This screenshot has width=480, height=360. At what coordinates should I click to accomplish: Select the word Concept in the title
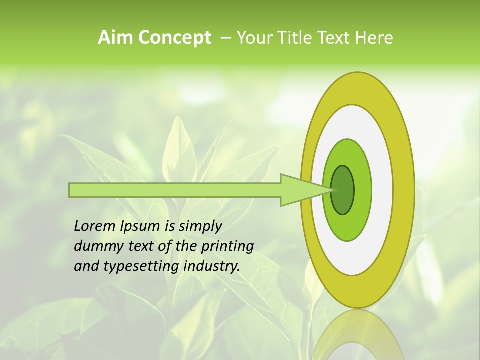click(174, 38)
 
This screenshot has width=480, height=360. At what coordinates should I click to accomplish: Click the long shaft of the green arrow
click(175, 190)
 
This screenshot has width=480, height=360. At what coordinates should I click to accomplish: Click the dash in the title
click(225, 38)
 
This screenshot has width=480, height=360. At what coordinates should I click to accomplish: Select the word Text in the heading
click(334, 38)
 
